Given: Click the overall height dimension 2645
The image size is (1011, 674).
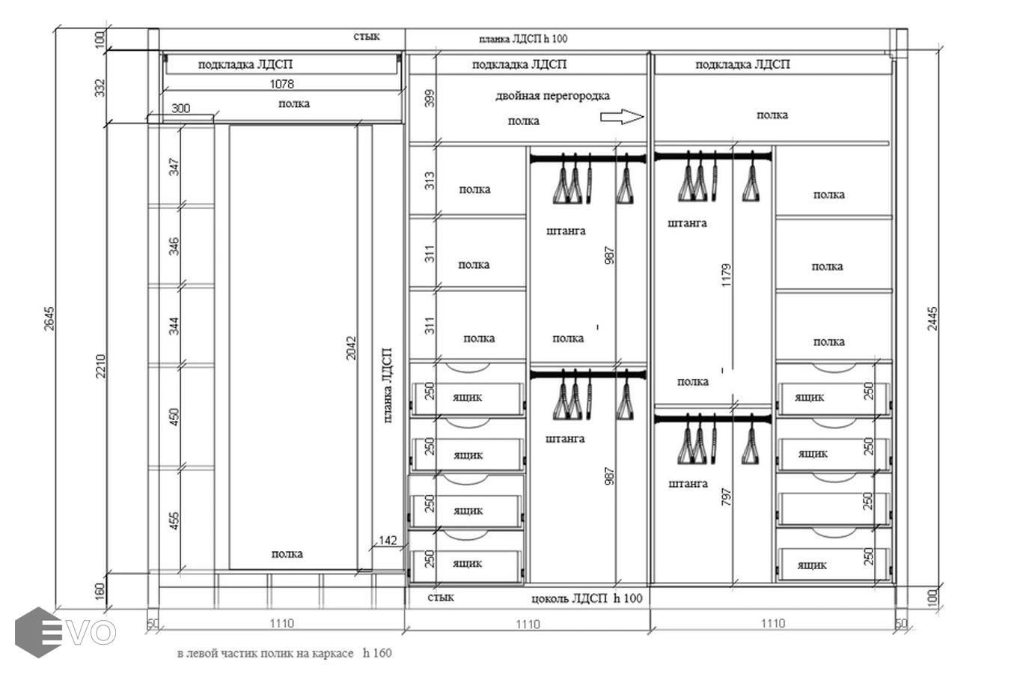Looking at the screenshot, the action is [x=49, y=318].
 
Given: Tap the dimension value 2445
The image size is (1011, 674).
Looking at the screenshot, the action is [x=932, y=318].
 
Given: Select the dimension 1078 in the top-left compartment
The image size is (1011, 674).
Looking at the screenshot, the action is [x=281, y=84].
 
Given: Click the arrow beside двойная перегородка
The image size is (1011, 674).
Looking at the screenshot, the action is [x=622, y=117].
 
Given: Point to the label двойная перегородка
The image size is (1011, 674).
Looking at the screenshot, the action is [x=552, y=96].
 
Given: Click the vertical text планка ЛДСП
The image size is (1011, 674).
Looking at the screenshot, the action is [x=387, y=386].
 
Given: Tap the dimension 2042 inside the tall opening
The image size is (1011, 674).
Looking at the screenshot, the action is [x=351, y=347].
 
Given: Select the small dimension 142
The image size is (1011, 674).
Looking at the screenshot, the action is [x=388, y=540].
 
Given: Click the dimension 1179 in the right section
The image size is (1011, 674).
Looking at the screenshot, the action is [x=726, y=275].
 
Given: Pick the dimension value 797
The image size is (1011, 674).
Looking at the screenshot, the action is [x=726, y=497].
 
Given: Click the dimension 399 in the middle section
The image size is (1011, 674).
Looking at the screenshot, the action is [x=430, y=99].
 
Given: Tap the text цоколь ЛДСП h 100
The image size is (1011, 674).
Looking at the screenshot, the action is [x=587, y=598].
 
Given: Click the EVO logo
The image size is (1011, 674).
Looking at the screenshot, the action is [x=64, y=633].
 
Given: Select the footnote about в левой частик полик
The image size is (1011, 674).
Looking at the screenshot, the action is [x=284, y=653].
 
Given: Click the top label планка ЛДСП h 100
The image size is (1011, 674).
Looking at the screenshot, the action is [x=523, y=39].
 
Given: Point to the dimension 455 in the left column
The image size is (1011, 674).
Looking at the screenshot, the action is [x=174, y=520].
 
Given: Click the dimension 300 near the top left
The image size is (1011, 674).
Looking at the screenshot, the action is [x=181, y=109].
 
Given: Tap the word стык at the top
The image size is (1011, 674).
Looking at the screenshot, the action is [x=367, y=36].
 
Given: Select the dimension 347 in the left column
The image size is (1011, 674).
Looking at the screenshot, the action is [x=174, y=167].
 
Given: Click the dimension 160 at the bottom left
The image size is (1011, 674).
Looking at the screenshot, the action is [x=100, y=591].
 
